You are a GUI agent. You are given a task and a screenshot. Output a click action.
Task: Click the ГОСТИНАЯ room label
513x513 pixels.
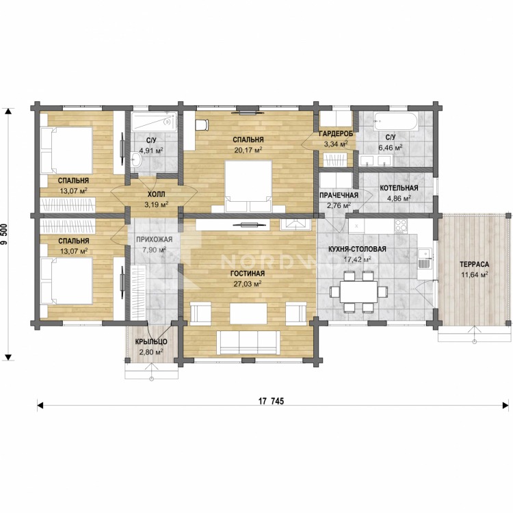[248, 274]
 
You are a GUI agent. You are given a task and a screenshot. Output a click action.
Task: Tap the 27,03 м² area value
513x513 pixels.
[247, 284]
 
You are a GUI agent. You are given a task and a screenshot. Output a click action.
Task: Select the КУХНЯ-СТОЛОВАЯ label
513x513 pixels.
[357, 249]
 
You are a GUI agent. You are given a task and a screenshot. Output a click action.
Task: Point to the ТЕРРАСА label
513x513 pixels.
[474, 264]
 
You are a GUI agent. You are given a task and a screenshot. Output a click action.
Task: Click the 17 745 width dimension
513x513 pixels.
[272, 401]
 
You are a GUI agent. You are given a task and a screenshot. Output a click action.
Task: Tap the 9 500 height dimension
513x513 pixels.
[5, 233]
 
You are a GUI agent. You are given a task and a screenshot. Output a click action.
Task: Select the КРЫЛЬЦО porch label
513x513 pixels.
[151, 342]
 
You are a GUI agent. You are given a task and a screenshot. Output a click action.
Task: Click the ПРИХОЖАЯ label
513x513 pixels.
[154, 240]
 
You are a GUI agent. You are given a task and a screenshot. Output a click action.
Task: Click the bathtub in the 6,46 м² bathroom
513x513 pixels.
[395, 122]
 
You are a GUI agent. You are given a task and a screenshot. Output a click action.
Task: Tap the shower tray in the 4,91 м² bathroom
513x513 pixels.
[154, 122]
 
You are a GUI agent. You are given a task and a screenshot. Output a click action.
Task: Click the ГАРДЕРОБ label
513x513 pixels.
[336, 133]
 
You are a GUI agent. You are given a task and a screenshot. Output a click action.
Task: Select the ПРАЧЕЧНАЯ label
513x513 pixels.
[339, 196]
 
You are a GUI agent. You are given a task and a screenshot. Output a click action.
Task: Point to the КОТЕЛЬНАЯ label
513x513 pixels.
[399, 188]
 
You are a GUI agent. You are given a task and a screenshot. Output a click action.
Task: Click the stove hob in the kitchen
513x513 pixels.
[401, 226]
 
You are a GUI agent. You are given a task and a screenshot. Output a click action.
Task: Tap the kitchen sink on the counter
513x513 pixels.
[425, 259]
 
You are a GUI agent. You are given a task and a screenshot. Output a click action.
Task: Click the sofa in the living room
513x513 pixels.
[248, 342]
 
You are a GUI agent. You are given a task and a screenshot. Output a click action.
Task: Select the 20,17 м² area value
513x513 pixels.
[248, 150]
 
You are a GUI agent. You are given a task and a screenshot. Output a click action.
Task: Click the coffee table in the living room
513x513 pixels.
[248, 313]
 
